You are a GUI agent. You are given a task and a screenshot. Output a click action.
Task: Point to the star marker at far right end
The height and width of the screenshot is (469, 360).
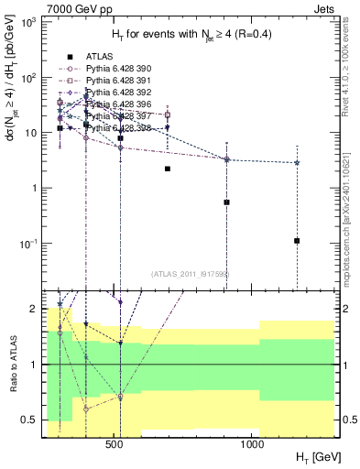pyautogui.click(x=298, y=163)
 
